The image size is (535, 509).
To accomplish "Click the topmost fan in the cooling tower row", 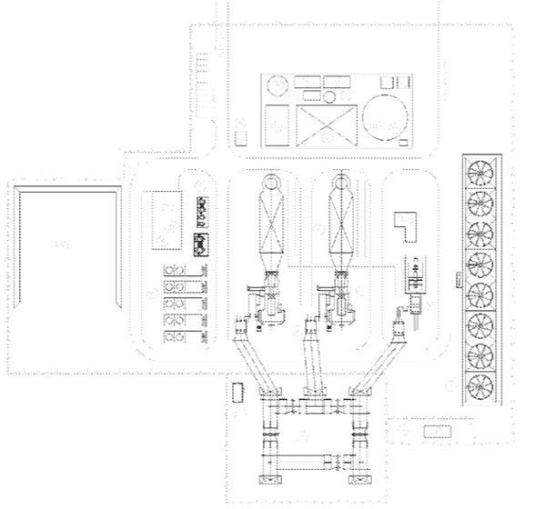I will (479, 170).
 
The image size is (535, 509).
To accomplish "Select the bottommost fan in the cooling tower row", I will (479, 385).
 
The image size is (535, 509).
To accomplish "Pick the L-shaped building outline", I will (403, 225).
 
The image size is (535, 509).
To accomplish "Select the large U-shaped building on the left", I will (64, 245).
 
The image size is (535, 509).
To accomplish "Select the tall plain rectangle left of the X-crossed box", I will (278, 125).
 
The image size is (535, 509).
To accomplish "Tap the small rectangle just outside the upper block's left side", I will (241, 138).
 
